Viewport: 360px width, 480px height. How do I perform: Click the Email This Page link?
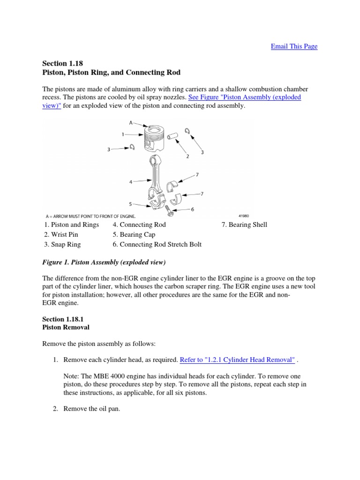coord(294,46)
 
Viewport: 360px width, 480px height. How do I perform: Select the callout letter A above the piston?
coord(131,123)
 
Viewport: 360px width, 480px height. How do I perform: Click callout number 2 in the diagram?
coord(187,156)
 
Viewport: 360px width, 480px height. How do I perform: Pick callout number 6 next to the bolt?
coord(192,209)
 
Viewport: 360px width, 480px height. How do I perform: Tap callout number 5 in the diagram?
coord(130,204)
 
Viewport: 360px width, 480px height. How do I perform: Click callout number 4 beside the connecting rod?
coord(130,182)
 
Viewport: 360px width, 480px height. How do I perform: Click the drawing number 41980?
coord(243,216)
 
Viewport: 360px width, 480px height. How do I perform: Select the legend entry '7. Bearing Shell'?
coord(244,225)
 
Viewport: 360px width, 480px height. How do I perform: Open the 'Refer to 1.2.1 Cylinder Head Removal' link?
coord(238,360)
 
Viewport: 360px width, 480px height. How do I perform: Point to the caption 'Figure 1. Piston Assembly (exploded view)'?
coord(104,262)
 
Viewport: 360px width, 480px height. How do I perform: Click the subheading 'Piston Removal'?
coord(66,327)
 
